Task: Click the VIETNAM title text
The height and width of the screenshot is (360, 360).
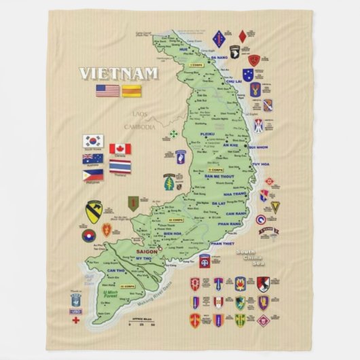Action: tap(118, 73)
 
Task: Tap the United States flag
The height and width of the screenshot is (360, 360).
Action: tap(107, 90)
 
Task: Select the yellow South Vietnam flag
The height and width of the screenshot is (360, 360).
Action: tap(131, 90)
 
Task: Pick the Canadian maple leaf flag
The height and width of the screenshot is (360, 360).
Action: tap(120, 149)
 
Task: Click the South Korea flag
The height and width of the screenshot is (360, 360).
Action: tap(93, 141)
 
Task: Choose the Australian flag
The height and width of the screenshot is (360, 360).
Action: tap(93, 158)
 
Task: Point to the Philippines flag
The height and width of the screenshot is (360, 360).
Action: tap(93, 175)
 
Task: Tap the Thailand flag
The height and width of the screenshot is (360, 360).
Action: tap(120, 166)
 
